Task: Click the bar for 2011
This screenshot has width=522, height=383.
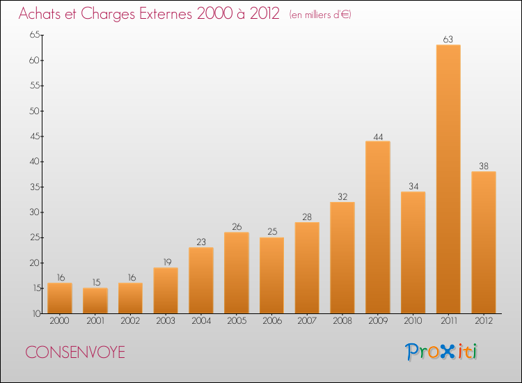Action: [448, 179]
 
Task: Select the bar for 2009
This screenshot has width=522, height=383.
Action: [377, 227]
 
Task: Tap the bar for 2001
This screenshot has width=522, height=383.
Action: [95, 301]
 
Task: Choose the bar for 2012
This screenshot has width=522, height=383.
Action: [483, 242]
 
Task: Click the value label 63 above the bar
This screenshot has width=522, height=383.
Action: [448, 39]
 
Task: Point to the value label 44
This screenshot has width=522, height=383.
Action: [377, 136]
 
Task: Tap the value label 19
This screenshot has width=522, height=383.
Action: [166, 263]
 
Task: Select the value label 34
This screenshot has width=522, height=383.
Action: [413, 186]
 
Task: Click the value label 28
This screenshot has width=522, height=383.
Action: [307, 217]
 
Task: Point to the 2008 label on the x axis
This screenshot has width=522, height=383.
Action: [342, 321]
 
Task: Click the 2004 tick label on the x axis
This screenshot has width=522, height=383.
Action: [201, 321]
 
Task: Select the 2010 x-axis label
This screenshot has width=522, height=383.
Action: [413, 321]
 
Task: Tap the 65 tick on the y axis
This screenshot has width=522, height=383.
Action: [34, 35]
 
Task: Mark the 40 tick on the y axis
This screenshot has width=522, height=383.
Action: [34, 162]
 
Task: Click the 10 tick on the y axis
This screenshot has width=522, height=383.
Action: [34, 313]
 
